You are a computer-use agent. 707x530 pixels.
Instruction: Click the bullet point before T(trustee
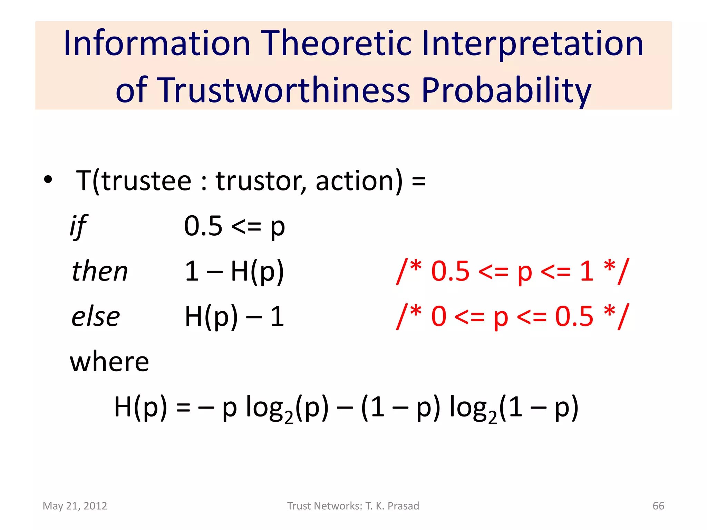click(48, 180)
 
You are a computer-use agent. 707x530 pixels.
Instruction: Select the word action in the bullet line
click(359, 181)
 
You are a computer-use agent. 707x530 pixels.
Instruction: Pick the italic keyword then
click(100, 271)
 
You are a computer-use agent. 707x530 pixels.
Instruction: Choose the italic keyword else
click(96, 316)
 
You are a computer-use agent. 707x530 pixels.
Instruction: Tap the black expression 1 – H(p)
click(234, 271)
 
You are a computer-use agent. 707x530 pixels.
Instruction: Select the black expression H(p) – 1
click(234, 316)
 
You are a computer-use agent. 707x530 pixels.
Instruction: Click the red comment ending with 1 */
click(513, 271)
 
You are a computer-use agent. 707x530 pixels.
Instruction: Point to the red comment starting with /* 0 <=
click(513, 316)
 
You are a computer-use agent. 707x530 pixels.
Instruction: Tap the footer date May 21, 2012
click(75, 506)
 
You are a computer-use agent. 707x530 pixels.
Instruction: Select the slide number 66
click(658, 506)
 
